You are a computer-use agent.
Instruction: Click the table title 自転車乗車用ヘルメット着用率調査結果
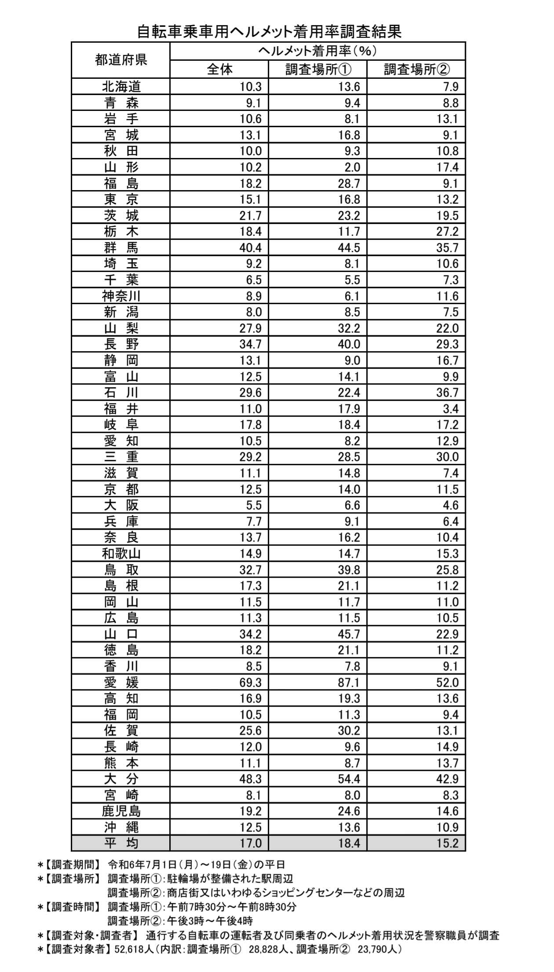pos(269,32)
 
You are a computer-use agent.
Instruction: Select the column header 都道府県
pos(120,60)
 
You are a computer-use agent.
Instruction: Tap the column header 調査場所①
pos(318,70)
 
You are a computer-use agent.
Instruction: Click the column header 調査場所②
pos(417,70)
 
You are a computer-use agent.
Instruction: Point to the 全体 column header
pos(219,70)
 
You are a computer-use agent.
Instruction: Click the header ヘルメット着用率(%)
pos(317,51)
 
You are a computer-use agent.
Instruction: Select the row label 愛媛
pos(121,682)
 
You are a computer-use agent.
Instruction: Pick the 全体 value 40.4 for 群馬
pos(250,248)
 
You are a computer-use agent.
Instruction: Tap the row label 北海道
pos(121,87)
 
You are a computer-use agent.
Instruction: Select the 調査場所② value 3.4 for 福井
pos(450,409)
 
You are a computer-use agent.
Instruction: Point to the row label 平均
pos(121,844)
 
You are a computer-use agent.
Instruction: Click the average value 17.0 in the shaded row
pos(250,844)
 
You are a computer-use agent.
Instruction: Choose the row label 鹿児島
pos(121,811)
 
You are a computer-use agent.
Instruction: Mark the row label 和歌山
pos(121,554)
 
